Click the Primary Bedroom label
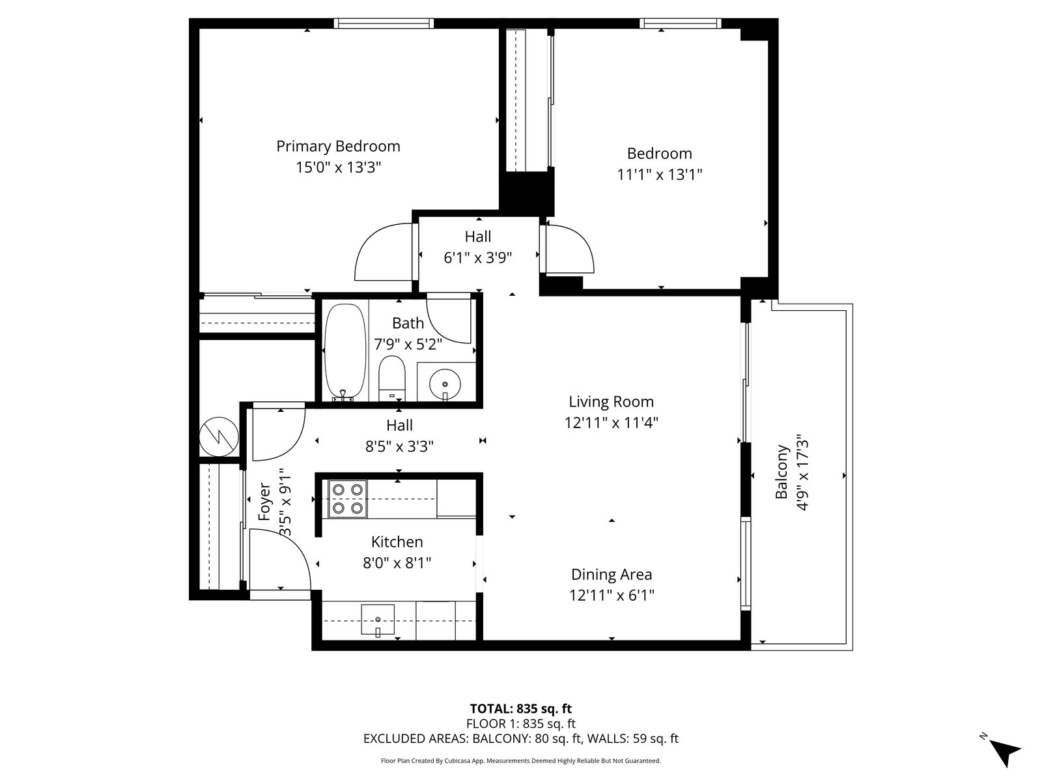(338, 146)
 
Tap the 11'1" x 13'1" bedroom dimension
(659, 175)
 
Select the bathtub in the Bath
(346, 353)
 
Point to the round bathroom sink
(445, 384)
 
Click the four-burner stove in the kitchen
(348, 499)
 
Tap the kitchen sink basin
(377, 620)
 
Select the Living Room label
(611, 401)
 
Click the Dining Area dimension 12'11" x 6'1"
(612, 595)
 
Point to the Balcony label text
(781, 471)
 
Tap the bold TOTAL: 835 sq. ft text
(521, 708)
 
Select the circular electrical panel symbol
(219, 437)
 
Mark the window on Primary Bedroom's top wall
(384, 23)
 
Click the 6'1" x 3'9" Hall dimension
(477, 258)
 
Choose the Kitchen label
(397, 542)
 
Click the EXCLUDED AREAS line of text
(521, 738)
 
